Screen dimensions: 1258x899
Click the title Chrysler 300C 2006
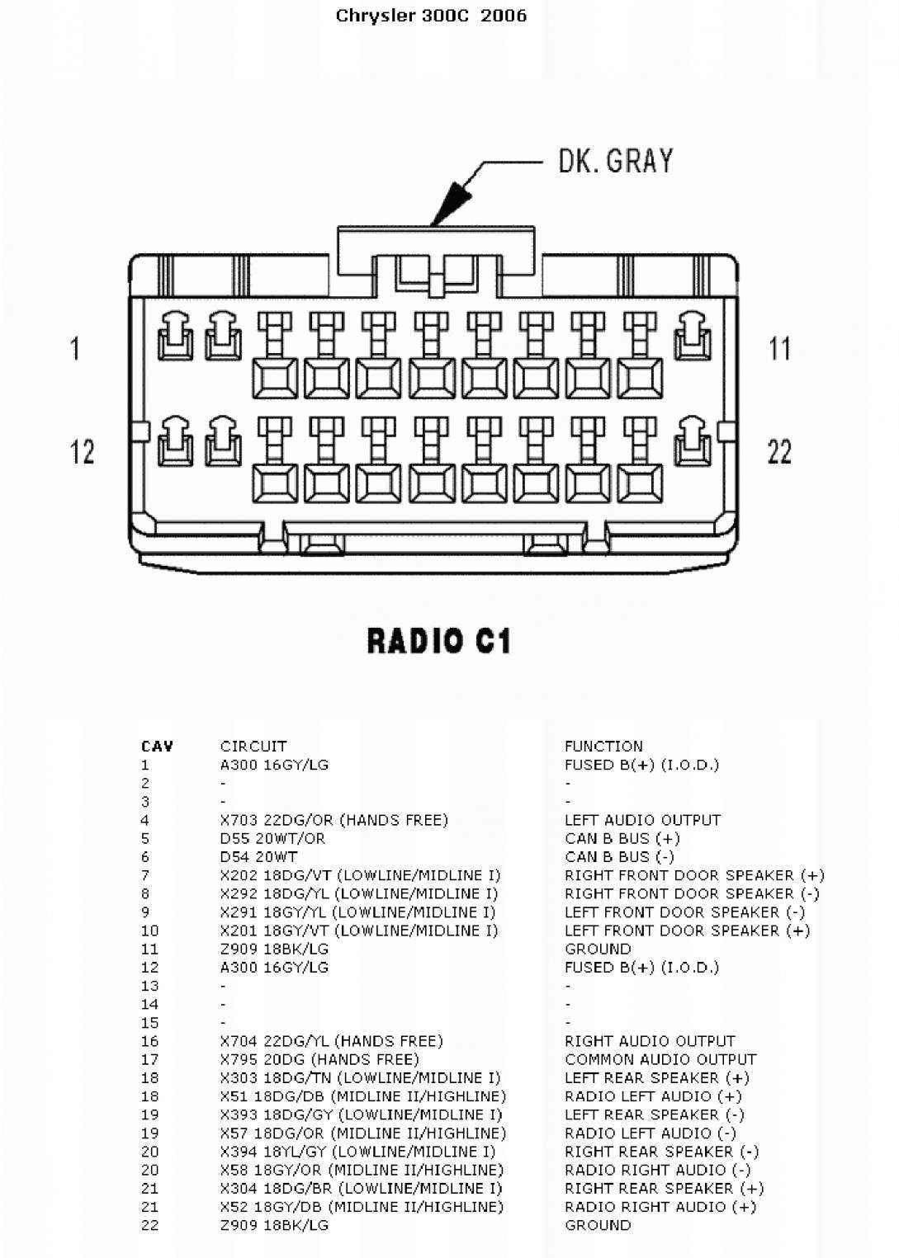coord(431,16)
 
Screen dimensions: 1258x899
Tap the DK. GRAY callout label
coord(616,161)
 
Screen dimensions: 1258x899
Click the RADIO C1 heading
coord(439,641)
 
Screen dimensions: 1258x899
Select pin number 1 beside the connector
coord(75,348)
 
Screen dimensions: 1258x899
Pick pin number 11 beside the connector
coord(780,348)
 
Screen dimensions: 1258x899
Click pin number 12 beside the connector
coord(83,452)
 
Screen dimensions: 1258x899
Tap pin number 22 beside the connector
coord(780,452)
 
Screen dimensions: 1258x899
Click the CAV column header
coord(157,747)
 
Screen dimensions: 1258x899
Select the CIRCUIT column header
coord(253,747)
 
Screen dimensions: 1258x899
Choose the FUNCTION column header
coord(603,747)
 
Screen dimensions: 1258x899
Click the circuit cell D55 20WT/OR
coord(272,839)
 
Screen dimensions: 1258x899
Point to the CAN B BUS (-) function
coord(619,857)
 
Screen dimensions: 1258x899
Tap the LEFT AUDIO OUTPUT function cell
coord(642,821)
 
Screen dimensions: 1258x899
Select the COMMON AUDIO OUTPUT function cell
coord(660,1059)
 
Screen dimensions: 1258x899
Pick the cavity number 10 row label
coord(149,931)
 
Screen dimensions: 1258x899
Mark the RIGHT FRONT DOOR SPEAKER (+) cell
coord(694,875)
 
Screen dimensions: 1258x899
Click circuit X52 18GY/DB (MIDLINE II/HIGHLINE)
coord(362,1207)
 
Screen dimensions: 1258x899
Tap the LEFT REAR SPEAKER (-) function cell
coord(654,1114)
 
